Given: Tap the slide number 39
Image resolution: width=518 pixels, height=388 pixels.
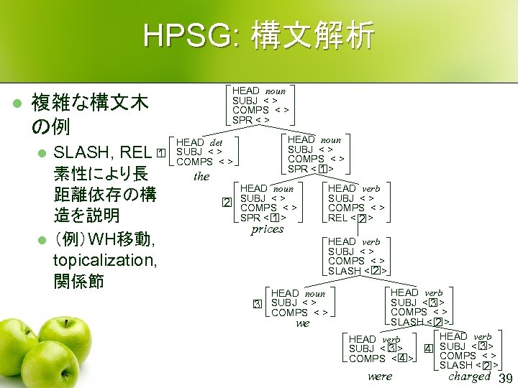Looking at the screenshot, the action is [506, 379].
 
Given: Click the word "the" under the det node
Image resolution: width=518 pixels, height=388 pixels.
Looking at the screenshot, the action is [201, 176].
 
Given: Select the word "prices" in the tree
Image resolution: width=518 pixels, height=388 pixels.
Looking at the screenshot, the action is [267, 230].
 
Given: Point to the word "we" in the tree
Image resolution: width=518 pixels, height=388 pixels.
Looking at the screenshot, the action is [303, 323].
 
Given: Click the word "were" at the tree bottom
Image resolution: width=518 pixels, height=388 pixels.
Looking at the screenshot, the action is [380, 376].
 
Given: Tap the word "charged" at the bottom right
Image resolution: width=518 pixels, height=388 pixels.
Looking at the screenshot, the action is [469, 376].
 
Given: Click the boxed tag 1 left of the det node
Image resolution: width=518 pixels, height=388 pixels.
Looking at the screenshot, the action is [161, 153].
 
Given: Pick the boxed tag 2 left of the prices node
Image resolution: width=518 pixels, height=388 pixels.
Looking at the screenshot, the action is [227, 202].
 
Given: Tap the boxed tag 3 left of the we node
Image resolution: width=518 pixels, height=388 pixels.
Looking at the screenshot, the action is [257, 304].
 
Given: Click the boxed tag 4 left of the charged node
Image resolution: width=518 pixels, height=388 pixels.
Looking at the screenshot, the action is [427, 349].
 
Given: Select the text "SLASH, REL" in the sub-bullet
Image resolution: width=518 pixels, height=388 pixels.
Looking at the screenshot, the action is [102, 153].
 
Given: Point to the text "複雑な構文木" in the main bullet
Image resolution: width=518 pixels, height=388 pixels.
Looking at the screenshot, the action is [91, 104].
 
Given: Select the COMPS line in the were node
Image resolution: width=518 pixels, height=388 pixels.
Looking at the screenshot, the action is [380, 359].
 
